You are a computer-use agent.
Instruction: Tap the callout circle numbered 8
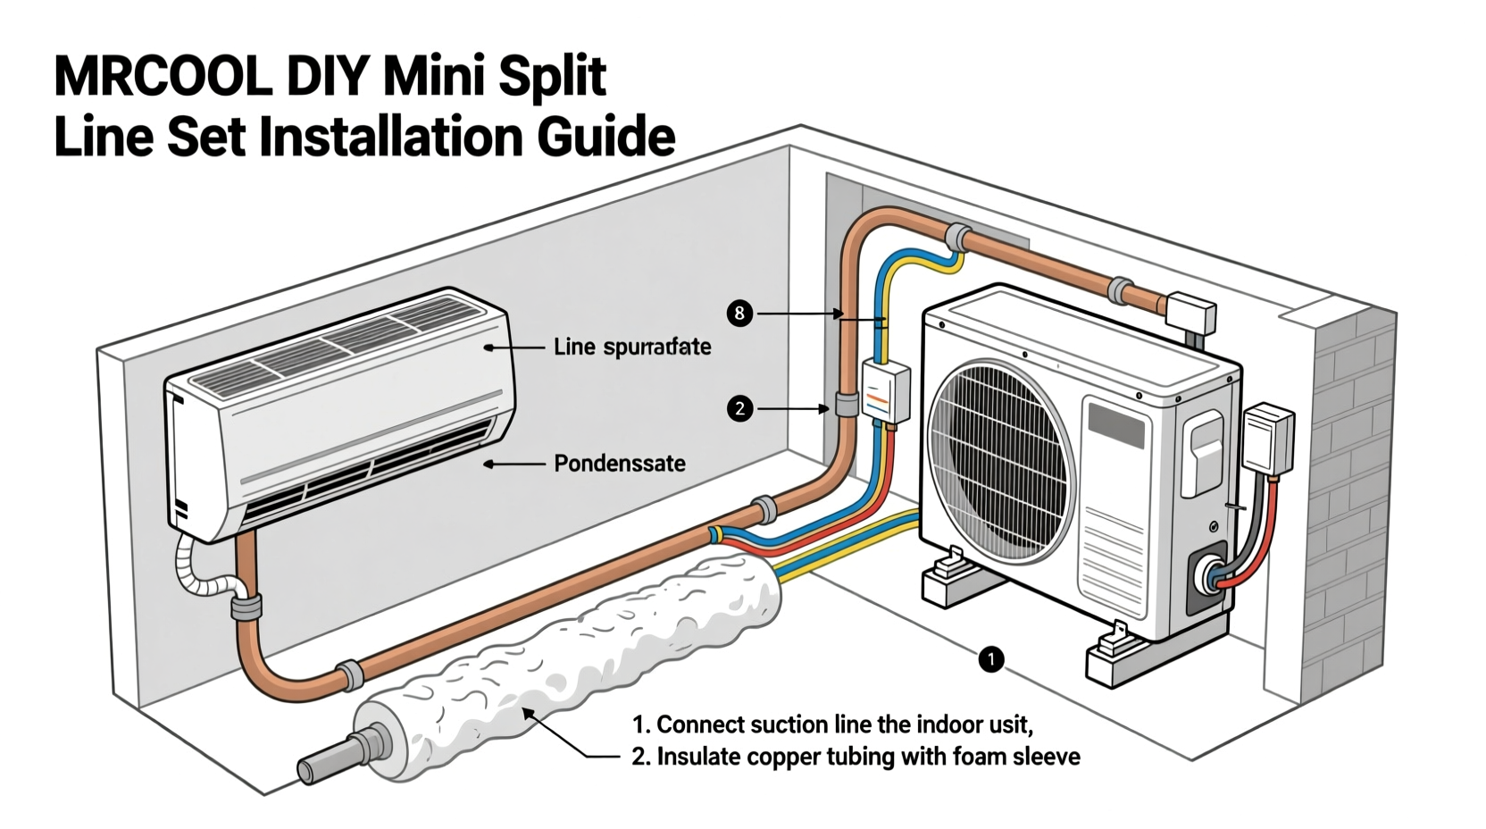[739, 314]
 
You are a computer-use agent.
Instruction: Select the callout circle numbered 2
[739, 409]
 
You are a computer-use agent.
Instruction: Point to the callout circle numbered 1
[991, 659]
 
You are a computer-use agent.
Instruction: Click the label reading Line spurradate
[632, 347]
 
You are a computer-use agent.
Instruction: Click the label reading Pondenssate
[620, 464]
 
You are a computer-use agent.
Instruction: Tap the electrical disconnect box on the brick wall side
[1268, 438]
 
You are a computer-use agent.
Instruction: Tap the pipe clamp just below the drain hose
[246, 607]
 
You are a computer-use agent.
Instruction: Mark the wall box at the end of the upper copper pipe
[1191, 313]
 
